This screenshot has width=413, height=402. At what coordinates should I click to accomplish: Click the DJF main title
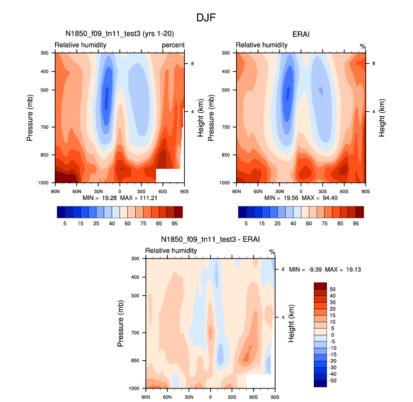(206, 18)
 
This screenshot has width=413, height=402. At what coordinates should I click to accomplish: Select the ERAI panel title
(301, 34)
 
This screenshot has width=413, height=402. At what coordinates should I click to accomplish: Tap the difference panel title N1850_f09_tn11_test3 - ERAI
(211, 240)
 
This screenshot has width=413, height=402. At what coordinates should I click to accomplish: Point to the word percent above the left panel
(174, 45)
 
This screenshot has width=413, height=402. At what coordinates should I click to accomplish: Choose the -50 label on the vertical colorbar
(333, 381)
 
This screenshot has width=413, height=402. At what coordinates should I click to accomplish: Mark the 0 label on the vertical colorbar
(332, 335)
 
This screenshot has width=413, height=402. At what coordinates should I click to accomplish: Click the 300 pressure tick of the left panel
(45, 53)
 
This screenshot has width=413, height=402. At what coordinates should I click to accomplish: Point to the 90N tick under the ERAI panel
(236, 192)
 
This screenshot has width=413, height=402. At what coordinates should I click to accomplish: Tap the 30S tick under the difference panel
(232, 397)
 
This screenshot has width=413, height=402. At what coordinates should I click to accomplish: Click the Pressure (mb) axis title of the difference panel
(121, 324)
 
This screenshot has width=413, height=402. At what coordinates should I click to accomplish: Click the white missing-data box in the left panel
(168, 175)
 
